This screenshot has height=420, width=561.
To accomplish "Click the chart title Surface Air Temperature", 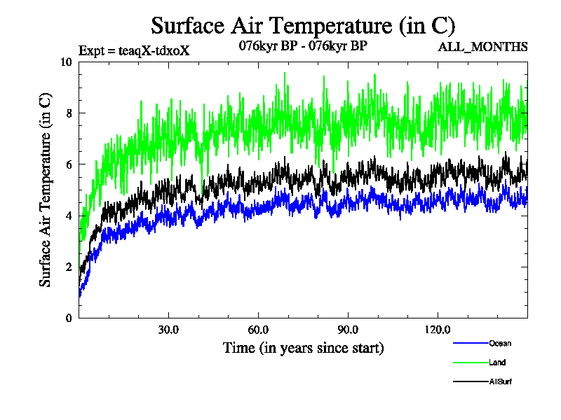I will [x=304, y=26].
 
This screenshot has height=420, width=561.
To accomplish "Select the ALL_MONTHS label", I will [x=482, y=47].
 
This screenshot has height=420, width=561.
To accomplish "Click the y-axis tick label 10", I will [x=66, y=62].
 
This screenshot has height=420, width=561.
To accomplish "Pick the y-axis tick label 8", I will [x=69, y=113].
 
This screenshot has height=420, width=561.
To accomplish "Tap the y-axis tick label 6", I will [x=69, y=164].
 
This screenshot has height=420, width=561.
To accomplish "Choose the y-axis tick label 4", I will [x=69, y=215].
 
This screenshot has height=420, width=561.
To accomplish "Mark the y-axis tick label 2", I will [x=69, y=267].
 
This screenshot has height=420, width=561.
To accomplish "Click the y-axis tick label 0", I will [x=69, y=318].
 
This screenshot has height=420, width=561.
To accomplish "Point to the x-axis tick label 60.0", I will [x=258, y=330].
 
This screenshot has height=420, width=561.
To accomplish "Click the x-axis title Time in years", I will [x=304, y=348].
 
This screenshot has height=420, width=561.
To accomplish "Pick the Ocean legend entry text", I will [x=500, y=343].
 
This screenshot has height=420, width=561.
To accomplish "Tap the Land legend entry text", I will [x=497, y=363].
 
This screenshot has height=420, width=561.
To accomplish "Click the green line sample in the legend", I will [x=471, y=363].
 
